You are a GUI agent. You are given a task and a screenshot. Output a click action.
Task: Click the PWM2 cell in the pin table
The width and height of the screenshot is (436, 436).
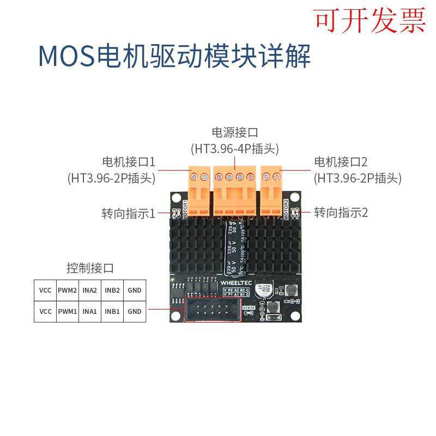67,290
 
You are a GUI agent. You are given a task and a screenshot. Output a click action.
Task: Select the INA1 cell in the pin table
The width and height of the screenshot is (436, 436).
89,311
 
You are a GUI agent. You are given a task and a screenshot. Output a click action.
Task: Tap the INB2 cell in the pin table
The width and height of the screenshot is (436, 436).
112,290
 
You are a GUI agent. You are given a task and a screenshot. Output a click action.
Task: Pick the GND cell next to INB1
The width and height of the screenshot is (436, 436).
134,311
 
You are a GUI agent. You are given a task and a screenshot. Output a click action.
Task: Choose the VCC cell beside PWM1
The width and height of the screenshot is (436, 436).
45,311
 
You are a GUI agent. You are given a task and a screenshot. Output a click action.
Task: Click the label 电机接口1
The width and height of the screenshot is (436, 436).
129,162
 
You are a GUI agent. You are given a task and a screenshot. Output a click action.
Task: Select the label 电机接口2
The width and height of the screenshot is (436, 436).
341,162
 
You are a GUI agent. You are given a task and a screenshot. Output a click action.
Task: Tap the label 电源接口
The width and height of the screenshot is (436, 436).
234,132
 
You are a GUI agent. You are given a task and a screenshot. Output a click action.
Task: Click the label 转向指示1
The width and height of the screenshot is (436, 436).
129,213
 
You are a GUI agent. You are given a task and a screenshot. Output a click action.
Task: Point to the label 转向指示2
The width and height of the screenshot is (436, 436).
341,213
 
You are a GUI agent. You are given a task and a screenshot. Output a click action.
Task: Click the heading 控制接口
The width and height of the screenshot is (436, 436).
90,268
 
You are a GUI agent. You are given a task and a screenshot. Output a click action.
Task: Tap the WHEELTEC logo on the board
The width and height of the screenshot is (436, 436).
235,283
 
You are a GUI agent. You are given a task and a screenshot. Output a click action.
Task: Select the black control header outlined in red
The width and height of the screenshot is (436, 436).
213,311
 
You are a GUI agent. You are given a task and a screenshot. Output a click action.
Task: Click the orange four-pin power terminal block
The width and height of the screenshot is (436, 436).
234,188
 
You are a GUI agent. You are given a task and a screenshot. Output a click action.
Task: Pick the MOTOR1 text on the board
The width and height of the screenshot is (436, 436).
186,210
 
